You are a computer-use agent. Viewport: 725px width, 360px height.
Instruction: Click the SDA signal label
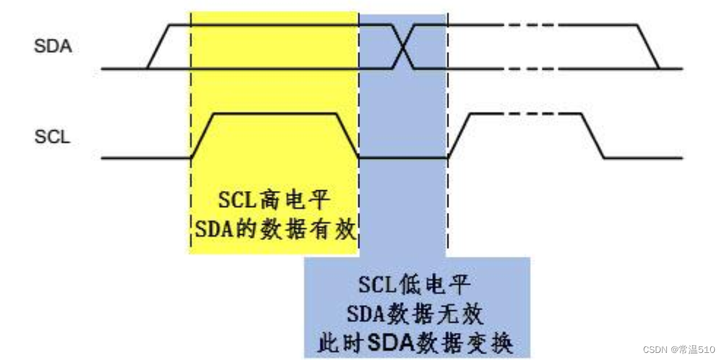pos(52,46)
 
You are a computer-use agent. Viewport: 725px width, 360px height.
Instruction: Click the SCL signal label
pos(52,137)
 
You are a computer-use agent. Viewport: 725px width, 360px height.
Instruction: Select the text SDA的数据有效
pos(275,229)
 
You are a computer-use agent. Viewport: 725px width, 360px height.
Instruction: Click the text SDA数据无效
pos(415,312)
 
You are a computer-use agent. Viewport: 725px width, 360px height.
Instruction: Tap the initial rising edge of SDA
pos(158,46)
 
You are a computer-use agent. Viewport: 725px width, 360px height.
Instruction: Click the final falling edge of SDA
pos(648,46)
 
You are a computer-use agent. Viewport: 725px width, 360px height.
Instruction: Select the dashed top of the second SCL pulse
pos(535,114)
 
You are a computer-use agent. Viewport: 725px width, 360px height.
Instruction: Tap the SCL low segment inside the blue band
pos(403,157)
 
